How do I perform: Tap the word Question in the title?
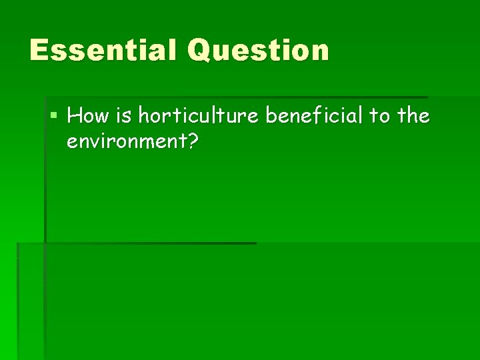(x=259, y=51)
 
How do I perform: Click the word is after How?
(x=125, y=117)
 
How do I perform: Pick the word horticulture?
(x=199, y=117)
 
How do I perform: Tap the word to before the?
(x=379, y=117)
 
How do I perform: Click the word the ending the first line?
(x=413, y=117)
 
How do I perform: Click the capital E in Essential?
(x=39, y=51)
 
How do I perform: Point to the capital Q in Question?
(x=199, y=51)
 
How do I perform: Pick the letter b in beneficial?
(x=272, y=117)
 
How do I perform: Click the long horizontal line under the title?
(x=233, y=97)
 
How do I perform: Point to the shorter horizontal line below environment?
(x=147, y=243)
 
